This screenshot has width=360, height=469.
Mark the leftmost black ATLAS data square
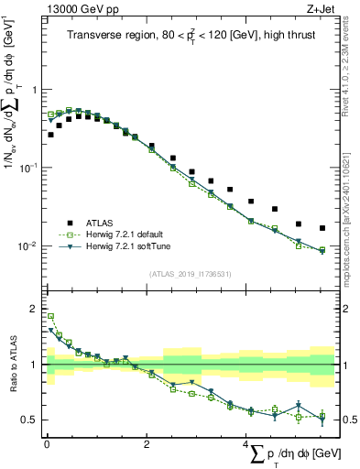click(x=50, y=135)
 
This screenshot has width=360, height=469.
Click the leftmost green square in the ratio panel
click(x=50, y=316)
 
